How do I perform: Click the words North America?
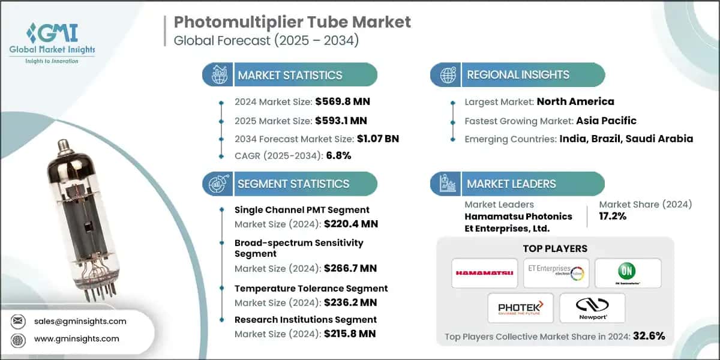(x=575, y=101)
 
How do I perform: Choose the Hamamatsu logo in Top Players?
(x=484, y=273)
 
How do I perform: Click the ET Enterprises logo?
(x=555, y=273)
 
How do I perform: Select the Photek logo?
(x=520, y=308)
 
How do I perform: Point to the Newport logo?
(x=592, y=308)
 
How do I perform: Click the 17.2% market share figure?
(x=613, y=216)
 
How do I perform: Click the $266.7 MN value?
(x=350, y=268)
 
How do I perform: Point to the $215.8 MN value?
(x=349, y=333)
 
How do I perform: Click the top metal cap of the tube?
(x=62, y=145)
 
